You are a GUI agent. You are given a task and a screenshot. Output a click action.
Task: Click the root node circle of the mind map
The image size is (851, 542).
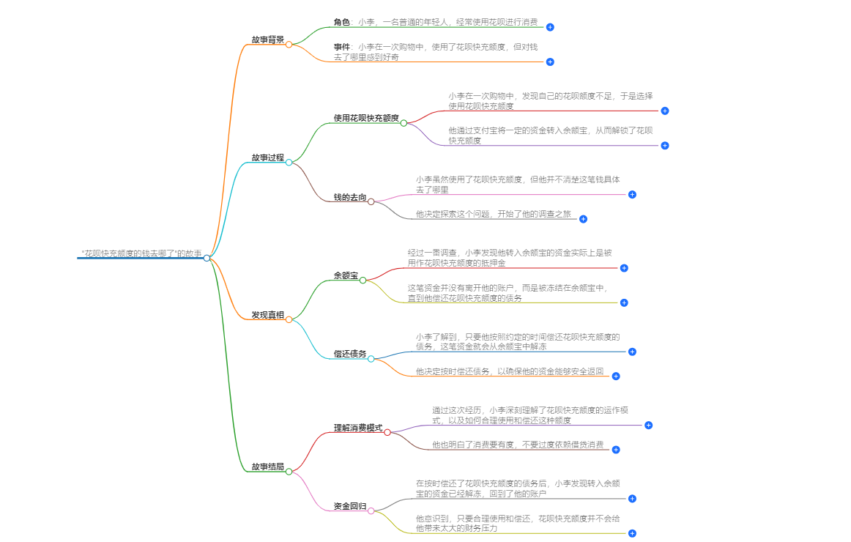pyautogui.click(x=207, y=258)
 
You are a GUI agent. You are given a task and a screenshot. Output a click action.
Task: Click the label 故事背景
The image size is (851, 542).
pyautogui.click(x=267, y=40)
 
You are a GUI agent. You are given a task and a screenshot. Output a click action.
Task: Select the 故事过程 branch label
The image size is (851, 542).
pyautogui.click(x=267, y=157)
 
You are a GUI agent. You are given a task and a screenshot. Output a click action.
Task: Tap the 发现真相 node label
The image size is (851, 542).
pyautogui.click(x=267, y=315)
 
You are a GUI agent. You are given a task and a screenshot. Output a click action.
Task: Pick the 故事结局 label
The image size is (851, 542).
pyautogui.click(x=267, y=467)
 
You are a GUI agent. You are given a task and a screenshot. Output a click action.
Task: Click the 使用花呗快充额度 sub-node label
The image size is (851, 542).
pyautogui.click(x=366, y=118)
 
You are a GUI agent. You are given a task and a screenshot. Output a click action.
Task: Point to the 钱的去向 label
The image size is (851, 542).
pyautogui.click(x=350, y=197)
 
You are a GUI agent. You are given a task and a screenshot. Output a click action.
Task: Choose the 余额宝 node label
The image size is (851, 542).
pyautogui.click(x=346, y=275)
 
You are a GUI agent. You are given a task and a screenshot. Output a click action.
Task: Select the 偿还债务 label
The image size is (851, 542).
pyautogui.click(x=350, y=354)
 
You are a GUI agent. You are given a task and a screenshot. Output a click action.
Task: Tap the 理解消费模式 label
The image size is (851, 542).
pyautogui.click(x=358, y=428)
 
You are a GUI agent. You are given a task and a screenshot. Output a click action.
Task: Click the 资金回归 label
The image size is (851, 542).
pyautogui.click(x=350, y=506)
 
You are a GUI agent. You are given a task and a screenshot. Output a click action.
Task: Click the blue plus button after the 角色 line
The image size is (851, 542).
pyautogui.click(x=550, y=27)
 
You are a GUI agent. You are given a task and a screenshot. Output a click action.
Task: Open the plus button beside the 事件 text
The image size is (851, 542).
pyautogui.click(x=550, y=62)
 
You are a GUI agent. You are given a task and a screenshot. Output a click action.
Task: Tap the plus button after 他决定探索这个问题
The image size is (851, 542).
pyautogui.click(x=584, y=219)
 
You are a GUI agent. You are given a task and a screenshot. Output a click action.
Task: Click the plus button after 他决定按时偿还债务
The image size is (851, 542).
pyautogui.click(x=616, y=376)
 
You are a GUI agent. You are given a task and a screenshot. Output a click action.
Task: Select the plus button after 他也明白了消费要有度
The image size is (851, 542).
pyautogui.click(x=616, y=450)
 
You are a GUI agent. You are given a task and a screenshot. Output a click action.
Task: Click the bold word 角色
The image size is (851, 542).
pyautogui.click(x=342, y=23)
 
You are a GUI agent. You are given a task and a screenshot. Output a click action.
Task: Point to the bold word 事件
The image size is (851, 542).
pyautogui.click(x=342, y=47)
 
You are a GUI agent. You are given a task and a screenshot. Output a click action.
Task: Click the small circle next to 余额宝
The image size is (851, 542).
pyautogui.click(x=363, y=280)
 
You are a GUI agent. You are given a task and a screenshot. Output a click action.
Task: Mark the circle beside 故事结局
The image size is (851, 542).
pyautogui.click(x=289, y=472)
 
